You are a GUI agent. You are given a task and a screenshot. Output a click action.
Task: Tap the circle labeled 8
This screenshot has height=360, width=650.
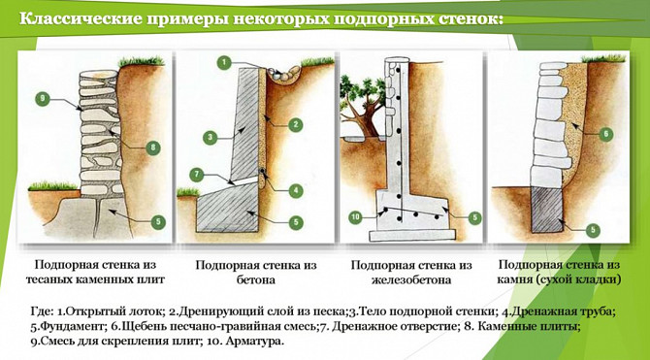[153, 147]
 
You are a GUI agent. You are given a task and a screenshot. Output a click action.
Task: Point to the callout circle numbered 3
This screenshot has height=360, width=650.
[210, 137]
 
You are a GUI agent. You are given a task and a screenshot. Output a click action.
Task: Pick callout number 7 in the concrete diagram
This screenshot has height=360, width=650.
[196, 174]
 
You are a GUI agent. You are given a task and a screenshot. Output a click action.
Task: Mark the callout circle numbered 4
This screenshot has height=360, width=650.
[295, 190]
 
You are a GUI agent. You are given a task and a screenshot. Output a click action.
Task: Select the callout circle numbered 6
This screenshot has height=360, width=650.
[604, 134]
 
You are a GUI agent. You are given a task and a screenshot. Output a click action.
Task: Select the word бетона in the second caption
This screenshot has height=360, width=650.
[256, 280]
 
